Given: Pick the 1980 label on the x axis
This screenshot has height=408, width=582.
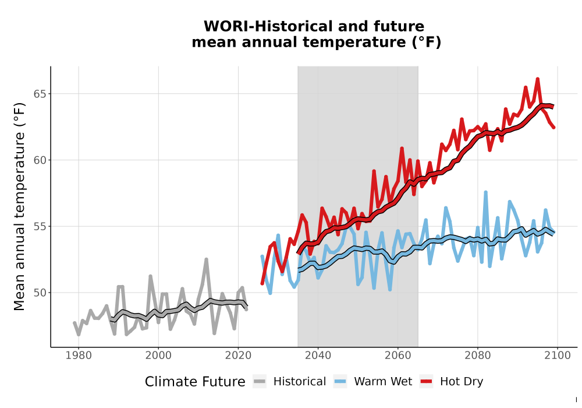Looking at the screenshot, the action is tap(79, 356).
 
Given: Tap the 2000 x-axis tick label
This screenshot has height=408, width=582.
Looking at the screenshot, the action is tap(158, 356).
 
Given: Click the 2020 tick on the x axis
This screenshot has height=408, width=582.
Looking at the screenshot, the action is tap(238, 356).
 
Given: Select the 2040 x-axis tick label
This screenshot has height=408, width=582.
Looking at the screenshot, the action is tap(318, 356).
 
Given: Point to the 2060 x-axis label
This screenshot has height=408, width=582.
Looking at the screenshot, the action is tap(398, 356).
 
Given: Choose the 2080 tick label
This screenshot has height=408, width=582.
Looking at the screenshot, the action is tap(478, 356).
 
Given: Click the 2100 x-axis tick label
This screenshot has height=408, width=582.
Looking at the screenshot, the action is tap(558, 356).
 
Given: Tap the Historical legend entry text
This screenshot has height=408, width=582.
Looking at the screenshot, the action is tap(300, 382).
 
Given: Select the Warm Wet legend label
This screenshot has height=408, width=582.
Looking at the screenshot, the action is tap(383, 382).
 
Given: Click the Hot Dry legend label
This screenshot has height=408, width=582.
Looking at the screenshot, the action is tap(462, 382).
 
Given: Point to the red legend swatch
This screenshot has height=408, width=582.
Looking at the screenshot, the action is tap(427, 382).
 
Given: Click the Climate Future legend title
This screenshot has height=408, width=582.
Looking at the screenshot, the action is tap(195, 382).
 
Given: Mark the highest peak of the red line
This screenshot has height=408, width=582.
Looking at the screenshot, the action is tap(537, 79).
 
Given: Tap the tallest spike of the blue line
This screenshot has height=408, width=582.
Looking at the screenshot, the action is tap(485, 192).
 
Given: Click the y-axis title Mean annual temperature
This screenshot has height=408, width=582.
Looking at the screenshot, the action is tap(19, 206).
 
